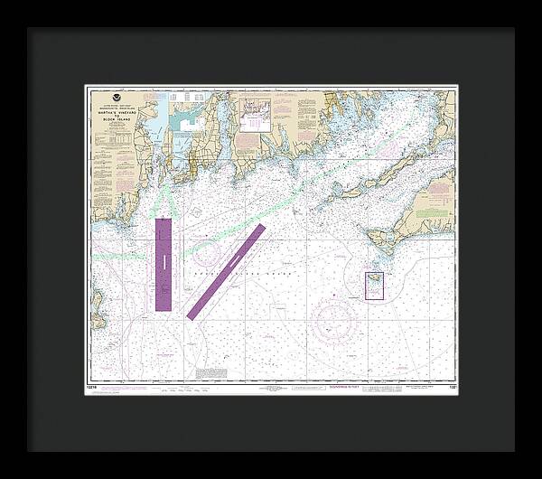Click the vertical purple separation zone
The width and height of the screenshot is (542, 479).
coord(164,265)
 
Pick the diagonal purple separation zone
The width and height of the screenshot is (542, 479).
coord(226,271)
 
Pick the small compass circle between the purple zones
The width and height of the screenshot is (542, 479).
coord(206,251)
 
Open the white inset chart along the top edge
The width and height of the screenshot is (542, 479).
coord(256,115)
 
